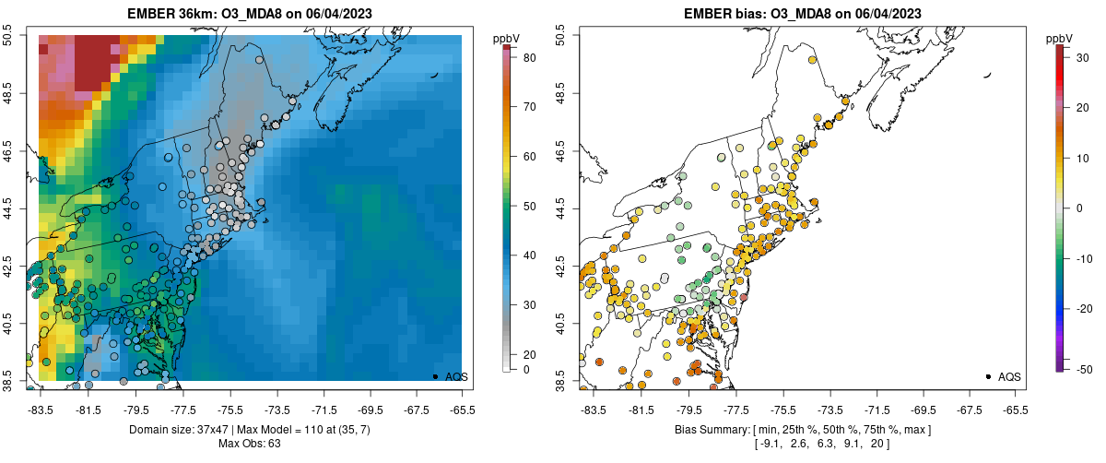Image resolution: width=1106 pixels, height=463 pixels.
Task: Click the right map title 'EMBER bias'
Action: click(724, 12)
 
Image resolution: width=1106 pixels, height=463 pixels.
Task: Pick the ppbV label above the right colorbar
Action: click(1060, 38)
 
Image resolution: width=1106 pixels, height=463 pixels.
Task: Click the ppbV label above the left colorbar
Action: click(507, 38)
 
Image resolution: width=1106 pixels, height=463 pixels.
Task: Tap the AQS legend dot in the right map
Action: click(988, 376)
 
